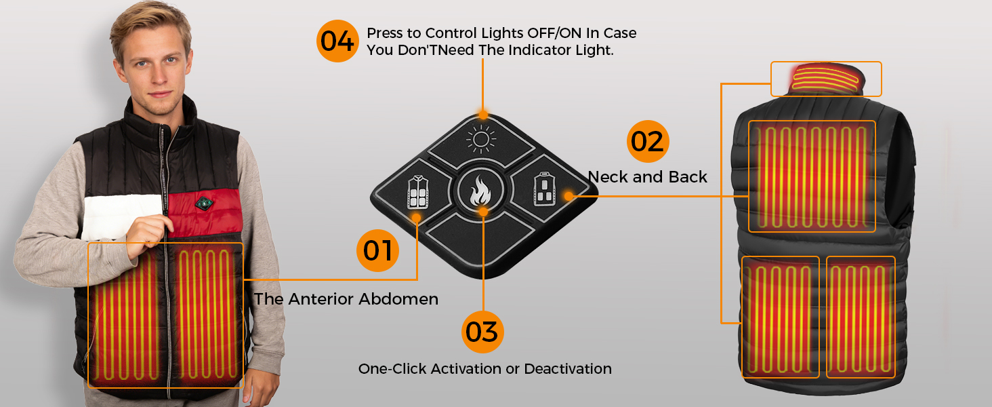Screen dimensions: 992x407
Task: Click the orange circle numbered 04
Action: click(337, 41)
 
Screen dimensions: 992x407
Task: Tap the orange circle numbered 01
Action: click(377, 250)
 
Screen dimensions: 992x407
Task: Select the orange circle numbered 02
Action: click(648, 141)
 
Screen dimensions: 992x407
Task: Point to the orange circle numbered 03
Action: click(482, 332)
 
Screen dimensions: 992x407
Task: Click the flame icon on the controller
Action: click(480, 191)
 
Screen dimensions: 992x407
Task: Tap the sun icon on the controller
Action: click(481, 139)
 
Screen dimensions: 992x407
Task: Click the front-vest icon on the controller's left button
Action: click(418, 191)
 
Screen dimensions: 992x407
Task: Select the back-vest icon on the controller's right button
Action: click(545, 189)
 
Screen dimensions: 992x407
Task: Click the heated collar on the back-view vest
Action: click(826, 79)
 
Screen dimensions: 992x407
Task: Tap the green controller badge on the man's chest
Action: click(204, 203)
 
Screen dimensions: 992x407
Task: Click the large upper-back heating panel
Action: click(812, 176)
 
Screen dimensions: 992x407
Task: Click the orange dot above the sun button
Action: click(483, 115)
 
